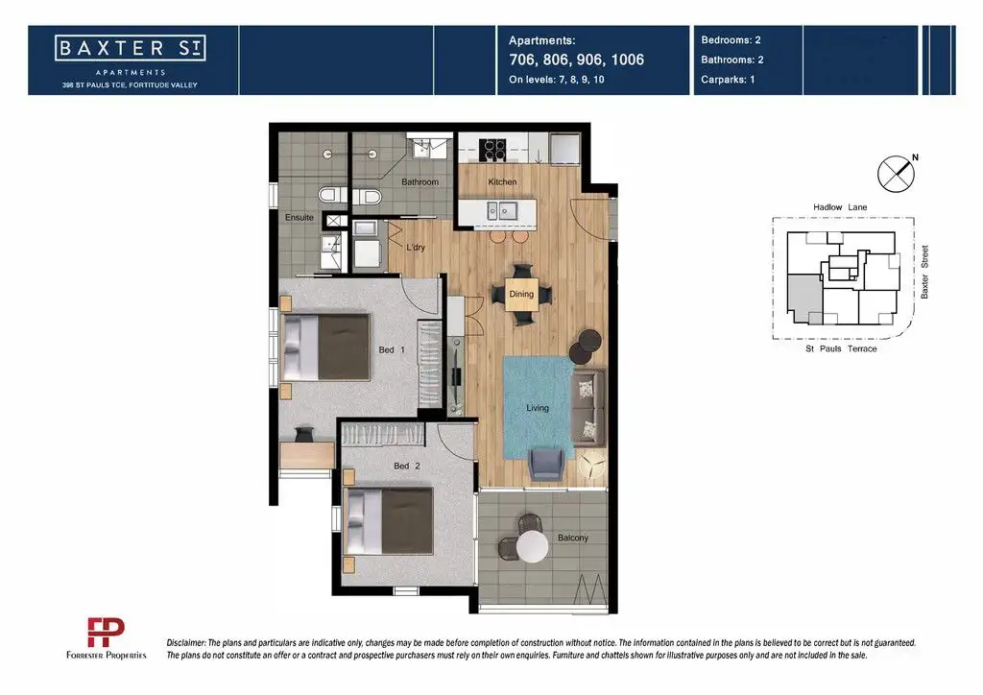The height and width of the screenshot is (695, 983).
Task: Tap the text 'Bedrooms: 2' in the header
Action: pyautogui.click(x=731, y=40)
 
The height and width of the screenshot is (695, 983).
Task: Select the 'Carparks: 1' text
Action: pyautogui.click(x=728, y=80)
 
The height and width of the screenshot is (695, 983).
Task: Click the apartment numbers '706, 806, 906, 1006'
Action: pyautogui.click(x=576, y=60)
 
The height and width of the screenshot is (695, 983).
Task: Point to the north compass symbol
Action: pyautogui.click(x=897, y=174)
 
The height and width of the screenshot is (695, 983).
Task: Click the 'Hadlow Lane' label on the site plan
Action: pyautogui.click(x=840, y=207)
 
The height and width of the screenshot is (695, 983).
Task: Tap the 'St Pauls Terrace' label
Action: pyautogui.click(x=841, y=349)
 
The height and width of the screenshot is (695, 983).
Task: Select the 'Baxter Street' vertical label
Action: pyautogui.click(x=924, y=272)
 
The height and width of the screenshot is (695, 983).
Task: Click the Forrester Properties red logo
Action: pyautogui.click(x=106, y=633)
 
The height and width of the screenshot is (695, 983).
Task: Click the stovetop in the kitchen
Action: pyautogui.click(x=492, y=149)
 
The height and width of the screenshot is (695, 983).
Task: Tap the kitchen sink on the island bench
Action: pyautogui.click(x=502, y=211)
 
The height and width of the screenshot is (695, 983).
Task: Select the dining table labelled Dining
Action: pyautogui.click(x=521, y=295)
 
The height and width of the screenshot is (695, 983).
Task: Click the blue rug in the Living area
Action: pyautogui.click(x=538, y=408)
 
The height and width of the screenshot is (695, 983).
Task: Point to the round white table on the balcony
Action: pyautogui.click(x=532, y=546)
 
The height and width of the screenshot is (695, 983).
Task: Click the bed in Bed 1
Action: pyautogui.click(x=326, y=347)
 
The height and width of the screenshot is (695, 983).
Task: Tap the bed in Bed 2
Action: pyautogui.click(x=389, y=521)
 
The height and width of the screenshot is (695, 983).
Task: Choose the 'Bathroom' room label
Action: pyautogui.click(x=420, y=181)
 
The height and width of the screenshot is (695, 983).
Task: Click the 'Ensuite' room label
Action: pyautogui.click(x=300, y=218)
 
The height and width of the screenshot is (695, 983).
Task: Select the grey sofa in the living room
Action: pyautogui.click(x=588, y=408)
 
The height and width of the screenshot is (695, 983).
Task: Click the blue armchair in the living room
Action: pyautogui.click(x=546, y=464)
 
